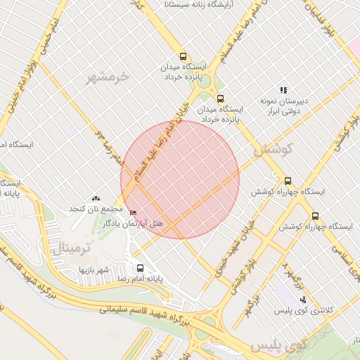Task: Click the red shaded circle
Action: tap(180, 179)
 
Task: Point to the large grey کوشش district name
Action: tap(270, 150)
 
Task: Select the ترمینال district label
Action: tap(68, 247)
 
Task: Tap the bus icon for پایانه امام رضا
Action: tap(140, 268)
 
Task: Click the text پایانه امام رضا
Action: tap(139, 279)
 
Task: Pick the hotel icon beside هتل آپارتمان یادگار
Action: tap(133, 213)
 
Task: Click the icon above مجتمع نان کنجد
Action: tap(96, 200)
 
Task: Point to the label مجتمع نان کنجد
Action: tap(96, 210)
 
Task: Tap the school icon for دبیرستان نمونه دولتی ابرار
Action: tap(283, 90)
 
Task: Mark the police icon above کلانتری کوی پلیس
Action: tap(303, 299)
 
